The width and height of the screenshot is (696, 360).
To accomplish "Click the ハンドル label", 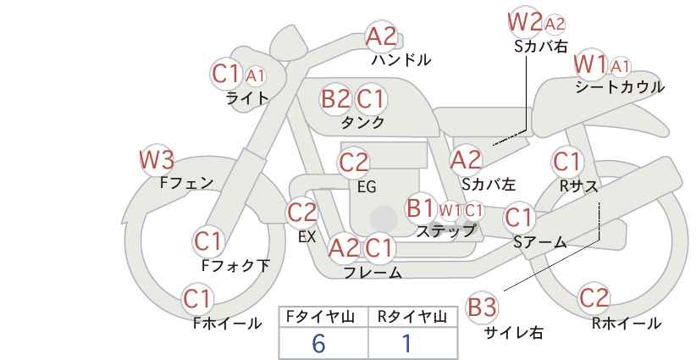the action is [x=400, y=59].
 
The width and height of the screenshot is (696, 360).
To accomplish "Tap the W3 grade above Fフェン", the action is [x=157, y=160].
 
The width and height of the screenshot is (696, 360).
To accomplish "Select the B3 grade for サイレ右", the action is [x=482, y=307].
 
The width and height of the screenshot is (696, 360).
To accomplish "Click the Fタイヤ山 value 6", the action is [x=318, y=344].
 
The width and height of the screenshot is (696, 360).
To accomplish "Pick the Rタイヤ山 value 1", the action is [x=406, y=344].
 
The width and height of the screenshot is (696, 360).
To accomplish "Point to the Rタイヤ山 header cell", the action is [x=412, y=317].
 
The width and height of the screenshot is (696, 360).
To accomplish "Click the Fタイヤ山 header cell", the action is [x=323, y=317].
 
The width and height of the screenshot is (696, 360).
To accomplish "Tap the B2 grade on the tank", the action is [x=335, y=98].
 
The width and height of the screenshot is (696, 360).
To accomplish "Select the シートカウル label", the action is [x=620, y=87].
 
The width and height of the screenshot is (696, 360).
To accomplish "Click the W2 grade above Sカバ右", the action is [x=526, y=22].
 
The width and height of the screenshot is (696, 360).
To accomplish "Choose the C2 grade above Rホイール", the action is [x=594, y=298].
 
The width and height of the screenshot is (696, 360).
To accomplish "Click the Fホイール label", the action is [x=227, y=324].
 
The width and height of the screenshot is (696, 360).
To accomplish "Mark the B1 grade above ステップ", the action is [x=421, y=208].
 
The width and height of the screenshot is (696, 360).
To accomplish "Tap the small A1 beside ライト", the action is [x=255, y=76].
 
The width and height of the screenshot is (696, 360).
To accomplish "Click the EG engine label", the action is [x=367, y=187].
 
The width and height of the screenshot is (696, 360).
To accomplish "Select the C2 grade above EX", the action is [x=301, y=213].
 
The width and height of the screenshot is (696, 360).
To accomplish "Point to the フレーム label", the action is [x=373, y=273].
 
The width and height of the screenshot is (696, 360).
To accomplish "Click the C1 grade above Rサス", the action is [x=566, y=162].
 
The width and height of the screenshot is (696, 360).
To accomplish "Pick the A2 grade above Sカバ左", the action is [x=466, y=160].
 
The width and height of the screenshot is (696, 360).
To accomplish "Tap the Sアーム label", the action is [x=540, y=242].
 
